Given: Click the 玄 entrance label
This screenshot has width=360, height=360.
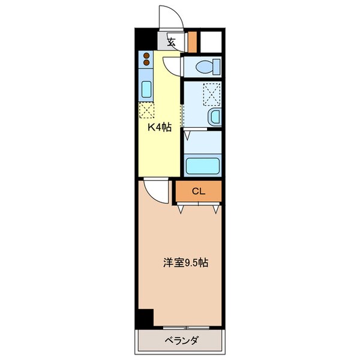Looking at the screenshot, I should coord(171,42).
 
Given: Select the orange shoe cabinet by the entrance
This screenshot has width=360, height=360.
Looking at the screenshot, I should coord(193,41).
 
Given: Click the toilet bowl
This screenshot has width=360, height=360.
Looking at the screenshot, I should coord(208,65).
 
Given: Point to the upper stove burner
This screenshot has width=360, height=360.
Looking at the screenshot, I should coord(146,56).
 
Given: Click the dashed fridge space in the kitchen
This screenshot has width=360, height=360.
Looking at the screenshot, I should coord(147,110).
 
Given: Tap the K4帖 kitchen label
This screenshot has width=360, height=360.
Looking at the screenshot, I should coord(160,128).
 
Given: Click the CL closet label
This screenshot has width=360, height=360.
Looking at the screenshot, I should coord(199,191).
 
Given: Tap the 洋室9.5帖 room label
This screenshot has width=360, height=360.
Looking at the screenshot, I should coord(186,263).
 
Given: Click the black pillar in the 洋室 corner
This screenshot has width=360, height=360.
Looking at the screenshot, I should coord(144,319).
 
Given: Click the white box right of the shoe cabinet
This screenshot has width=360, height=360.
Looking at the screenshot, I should coord(211,41).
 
